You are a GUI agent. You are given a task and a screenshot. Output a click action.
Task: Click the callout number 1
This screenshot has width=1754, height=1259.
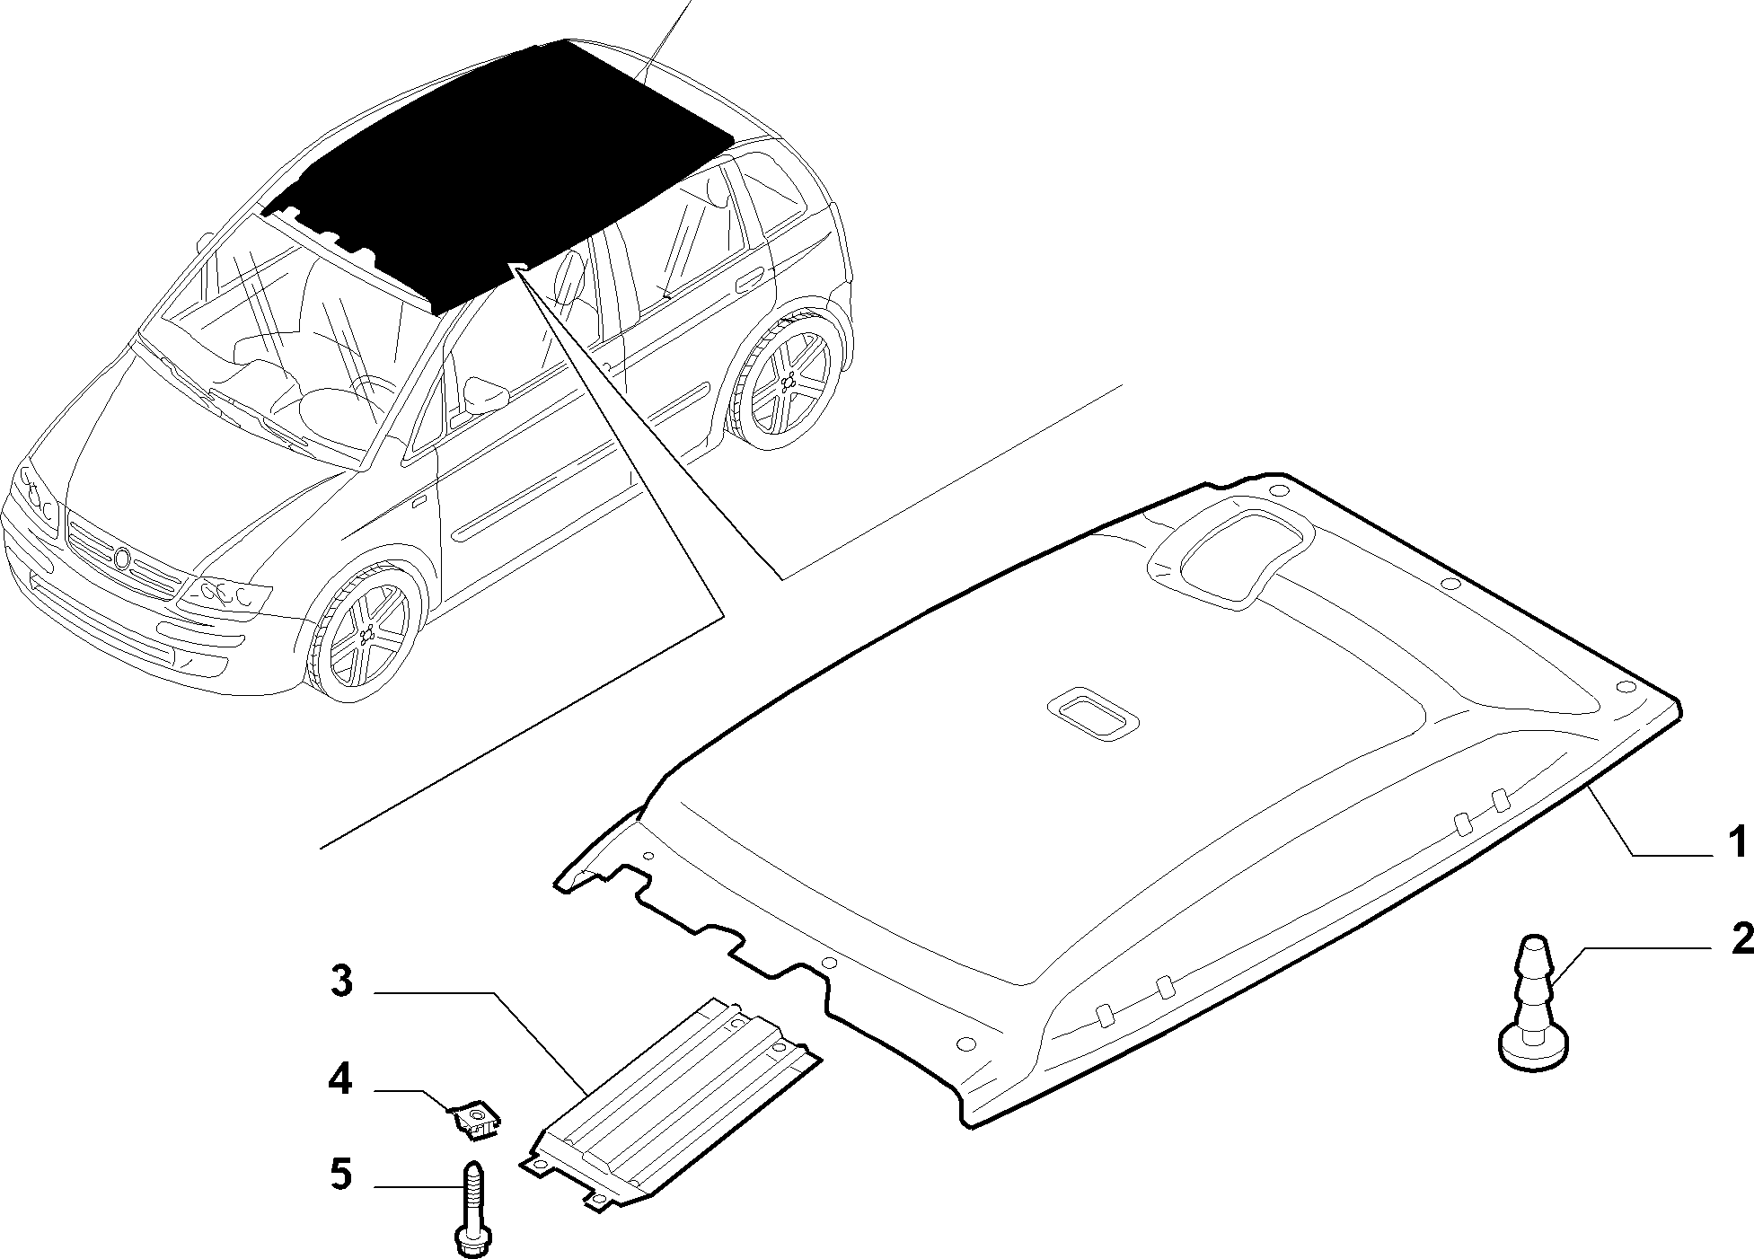(x=1738, y=843)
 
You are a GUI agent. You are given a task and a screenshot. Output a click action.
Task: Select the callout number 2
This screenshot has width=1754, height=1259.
(x=1741, y=939)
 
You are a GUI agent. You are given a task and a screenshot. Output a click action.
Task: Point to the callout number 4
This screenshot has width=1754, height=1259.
(x=339, y=1079)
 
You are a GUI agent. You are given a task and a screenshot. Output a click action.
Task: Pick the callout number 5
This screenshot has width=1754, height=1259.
(x=340, y=1174)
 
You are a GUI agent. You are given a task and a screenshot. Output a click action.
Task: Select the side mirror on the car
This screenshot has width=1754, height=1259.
(x=482, y=396)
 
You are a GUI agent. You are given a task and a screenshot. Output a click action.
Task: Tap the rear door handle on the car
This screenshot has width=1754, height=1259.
(x=751, y=282)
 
